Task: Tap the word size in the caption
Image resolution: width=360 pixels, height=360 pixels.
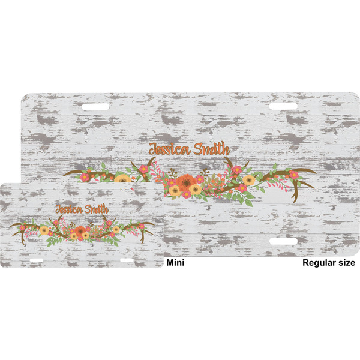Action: point(347,263)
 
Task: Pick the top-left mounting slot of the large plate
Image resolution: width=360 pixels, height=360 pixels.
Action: point(96,106)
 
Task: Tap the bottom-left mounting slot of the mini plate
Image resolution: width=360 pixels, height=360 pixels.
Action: point(37,260)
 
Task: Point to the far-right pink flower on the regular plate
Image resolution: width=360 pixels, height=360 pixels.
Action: point(293,175)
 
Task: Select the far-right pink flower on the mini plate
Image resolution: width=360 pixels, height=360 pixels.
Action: point(142,226)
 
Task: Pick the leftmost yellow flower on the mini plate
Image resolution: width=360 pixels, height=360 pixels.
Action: point(44,230)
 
